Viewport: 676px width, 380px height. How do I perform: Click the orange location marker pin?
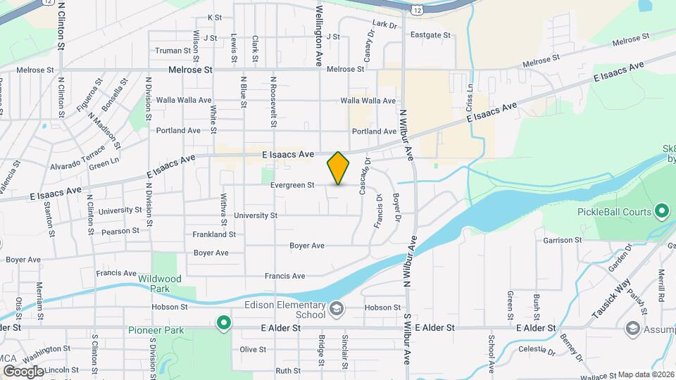click(x=338, y=168)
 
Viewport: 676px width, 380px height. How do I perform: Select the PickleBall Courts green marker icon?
click(x=661, y=210)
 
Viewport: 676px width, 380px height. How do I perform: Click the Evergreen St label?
click(x=292, y=186)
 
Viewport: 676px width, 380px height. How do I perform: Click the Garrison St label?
click(x=563, y=240)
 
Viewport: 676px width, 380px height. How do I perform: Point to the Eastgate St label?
click(x=430, y=34)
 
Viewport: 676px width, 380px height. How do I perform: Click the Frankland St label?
click(x=214, y=234)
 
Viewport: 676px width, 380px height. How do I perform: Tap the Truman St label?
click(x=173, y=51)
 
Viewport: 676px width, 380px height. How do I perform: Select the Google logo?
click(x=23, y=371)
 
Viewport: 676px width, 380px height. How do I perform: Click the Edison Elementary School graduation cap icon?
click(x=337, y=309)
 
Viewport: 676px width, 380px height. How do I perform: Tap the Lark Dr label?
click(x=384, y=24)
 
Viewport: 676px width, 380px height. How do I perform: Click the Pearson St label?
click(x=120, y=231)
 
